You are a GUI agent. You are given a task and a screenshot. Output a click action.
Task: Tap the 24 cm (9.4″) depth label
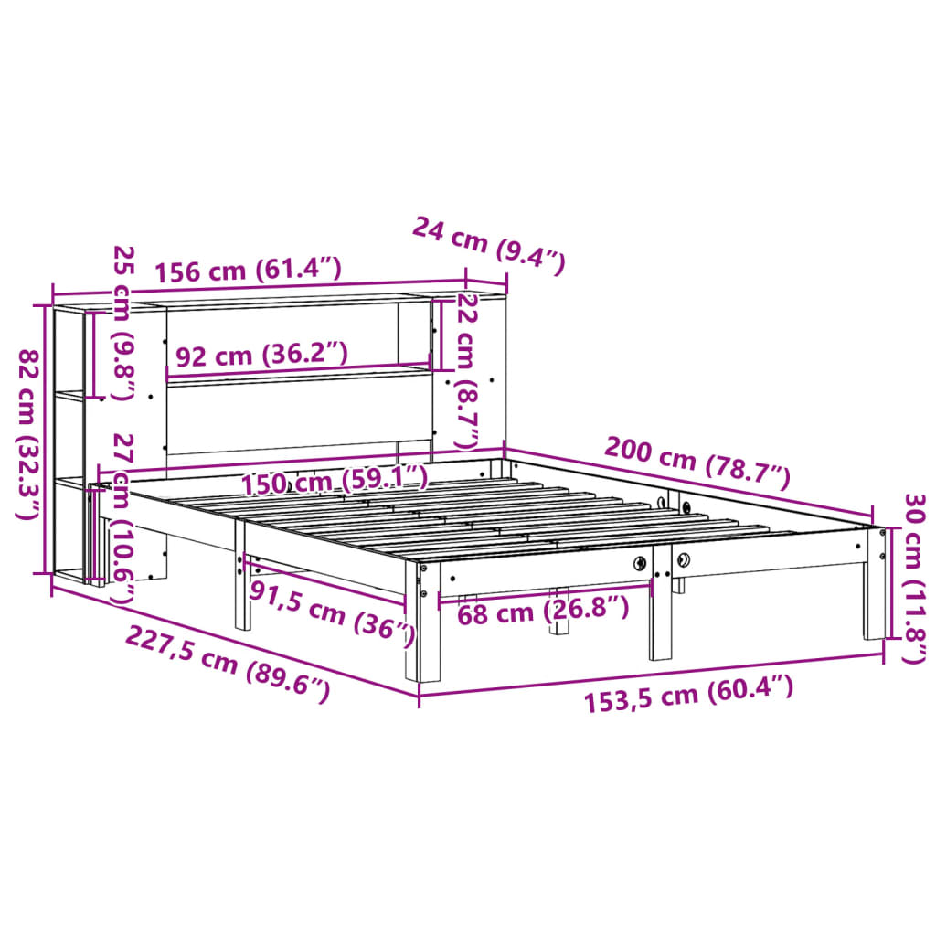(x=488, y=244)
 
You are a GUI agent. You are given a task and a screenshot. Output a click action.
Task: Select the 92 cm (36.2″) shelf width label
(x=261, y=355)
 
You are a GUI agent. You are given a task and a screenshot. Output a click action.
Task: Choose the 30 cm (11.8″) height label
(x=913, y=578)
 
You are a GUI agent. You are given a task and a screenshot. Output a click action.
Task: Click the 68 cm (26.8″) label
(x=543, y=611)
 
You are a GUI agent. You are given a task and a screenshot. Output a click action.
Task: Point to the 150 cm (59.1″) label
(x=335, y=479)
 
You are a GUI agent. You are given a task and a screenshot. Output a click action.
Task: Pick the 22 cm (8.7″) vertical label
(x=467, y=369)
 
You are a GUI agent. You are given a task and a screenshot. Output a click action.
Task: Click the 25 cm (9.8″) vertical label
(x=122, y=335)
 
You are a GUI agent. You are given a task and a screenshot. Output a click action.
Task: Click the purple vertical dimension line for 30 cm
(x=884, y=585)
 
